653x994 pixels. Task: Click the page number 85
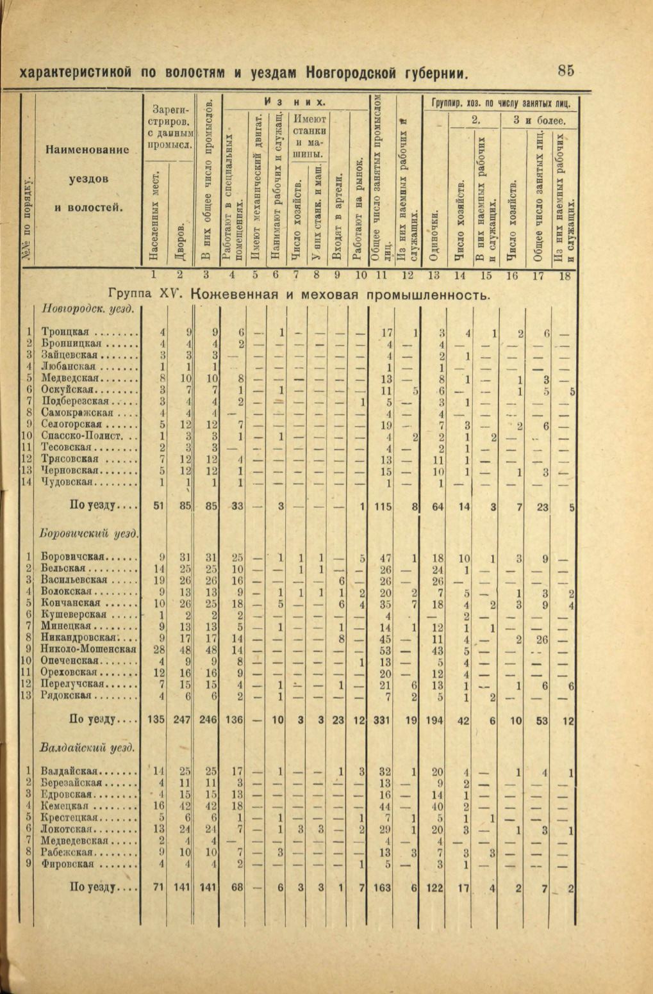566,70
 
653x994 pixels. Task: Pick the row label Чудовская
69,482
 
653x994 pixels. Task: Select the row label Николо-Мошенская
88,648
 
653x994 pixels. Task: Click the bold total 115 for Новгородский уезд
383,507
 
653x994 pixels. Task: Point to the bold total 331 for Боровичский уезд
382,719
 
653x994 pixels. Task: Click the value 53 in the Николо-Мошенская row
384,648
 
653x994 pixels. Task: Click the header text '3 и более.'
538,120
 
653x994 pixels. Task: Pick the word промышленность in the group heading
427,295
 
